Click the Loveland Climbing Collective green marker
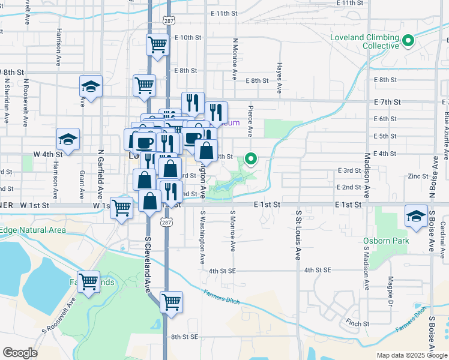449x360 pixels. tap(408, 41)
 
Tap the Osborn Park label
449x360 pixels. tap(386, 241)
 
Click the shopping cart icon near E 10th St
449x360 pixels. tap(157, 44)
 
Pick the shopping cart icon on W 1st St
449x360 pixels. tap(122, 209)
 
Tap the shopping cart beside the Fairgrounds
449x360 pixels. tap(89, 281)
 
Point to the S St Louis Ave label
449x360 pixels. tap(298, 235)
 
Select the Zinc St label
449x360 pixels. tap(418, 176)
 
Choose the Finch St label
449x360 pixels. tap(357, 323)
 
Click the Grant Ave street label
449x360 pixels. tap(81, 185)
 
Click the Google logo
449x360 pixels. tap(20, 353)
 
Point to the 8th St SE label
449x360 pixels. tap(185, 337)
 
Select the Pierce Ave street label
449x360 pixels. tap(250, 122)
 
